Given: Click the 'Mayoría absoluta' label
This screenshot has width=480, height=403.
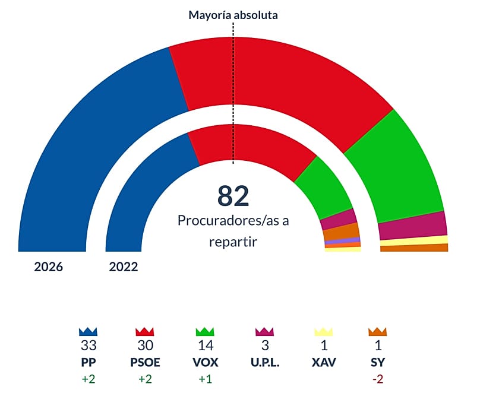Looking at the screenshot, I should pyautogui.click(x=233, y=15).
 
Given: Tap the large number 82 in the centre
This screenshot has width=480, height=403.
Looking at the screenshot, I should pyautogui.click(x=233, y=195).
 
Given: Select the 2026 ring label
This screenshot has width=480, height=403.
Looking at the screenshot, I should pyautogui.click(x=48, y=267).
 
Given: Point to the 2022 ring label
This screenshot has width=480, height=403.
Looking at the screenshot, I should pyautogui.click(x=124, y=267).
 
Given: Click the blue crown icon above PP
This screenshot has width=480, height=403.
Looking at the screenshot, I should pyautogui.click(x=88, y=332).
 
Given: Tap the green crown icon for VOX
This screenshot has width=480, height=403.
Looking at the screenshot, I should pyautogui.click(x=205, y=332).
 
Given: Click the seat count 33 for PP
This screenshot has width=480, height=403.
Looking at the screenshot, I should pyautogui.click(x=88, y=346).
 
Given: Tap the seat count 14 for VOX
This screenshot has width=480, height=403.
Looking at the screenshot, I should pyautogui.click(x=205, y=346).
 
